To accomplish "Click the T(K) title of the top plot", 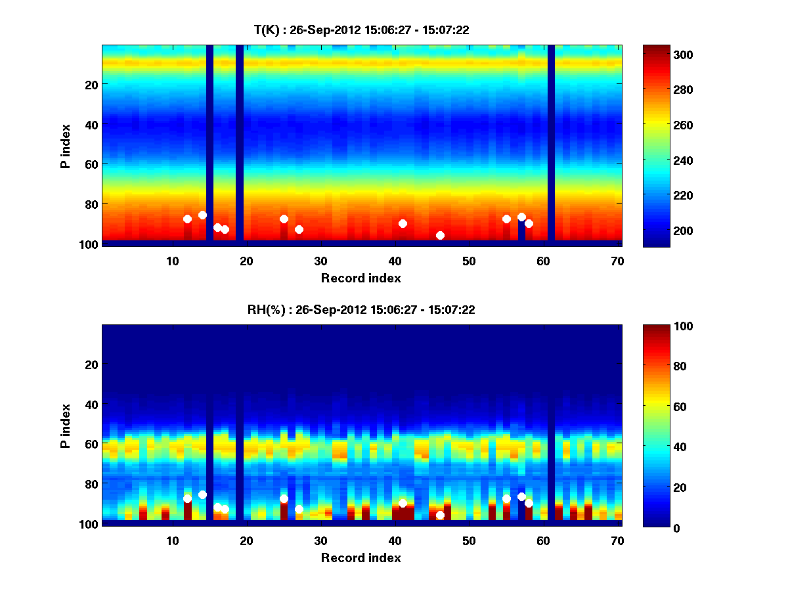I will pos(361,30).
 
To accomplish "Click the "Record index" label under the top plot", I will pos(361,278).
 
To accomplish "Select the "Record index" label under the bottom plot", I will pos(361,558).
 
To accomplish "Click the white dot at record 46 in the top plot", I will pos(440,235).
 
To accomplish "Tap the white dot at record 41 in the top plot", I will pos(403,223).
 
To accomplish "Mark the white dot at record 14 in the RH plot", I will pos(202,494).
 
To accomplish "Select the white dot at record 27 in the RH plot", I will pos(299,509).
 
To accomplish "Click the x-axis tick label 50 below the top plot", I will pos(469,261).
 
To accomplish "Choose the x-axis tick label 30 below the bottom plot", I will pos(320,540).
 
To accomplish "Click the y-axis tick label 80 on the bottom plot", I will pos(91,483).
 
